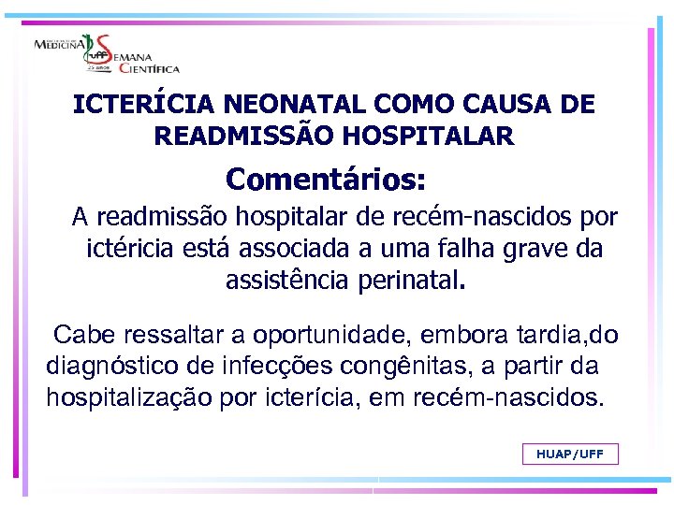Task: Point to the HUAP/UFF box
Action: tap(570, 454)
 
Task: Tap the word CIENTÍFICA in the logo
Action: tap(147, 67)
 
